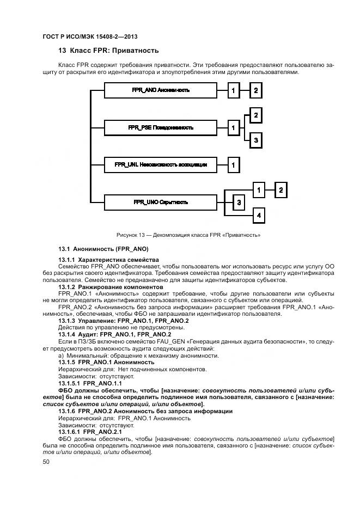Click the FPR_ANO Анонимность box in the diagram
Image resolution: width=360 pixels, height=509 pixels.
160,90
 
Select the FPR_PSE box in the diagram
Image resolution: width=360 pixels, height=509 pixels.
160,127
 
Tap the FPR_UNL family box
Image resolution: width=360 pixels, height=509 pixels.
160,164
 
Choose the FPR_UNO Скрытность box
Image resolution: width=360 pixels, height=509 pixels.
160,202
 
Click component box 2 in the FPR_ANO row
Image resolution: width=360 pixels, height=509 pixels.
255,90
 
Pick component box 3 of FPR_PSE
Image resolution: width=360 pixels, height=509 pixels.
255,140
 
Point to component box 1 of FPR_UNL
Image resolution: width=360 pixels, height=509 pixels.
233,164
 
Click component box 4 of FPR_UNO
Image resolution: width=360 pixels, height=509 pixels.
259,216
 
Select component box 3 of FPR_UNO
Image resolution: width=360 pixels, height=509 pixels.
239,203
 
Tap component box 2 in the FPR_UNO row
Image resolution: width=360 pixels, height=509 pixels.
280,189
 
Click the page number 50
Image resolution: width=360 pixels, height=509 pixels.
46,462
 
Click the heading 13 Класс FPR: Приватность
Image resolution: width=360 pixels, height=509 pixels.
108,51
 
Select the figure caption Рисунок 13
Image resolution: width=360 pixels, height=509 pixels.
188,235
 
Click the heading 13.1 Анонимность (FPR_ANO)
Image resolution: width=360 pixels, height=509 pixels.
100,248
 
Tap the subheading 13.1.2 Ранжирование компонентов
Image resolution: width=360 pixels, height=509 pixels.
111,286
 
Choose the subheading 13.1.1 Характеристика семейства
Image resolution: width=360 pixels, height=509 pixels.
108,260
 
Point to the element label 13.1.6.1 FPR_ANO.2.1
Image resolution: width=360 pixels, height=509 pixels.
90,432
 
